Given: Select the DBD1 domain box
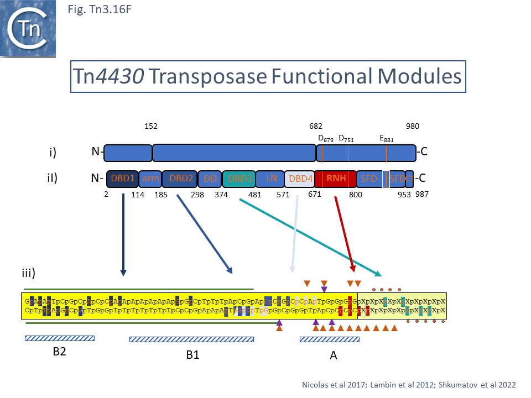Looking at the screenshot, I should pos(122,179).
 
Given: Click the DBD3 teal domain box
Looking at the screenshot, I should pos(239,179).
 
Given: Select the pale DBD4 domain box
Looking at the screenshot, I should pos(300,179).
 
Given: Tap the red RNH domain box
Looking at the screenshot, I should pos(336,179).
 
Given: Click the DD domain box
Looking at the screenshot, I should pos(210,179).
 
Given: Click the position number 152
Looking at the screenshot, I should pos(151,126).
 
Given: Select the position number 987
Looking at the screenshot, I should pos(421,194).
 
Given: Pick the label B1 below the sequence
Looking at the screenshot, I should pos(192,355).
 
